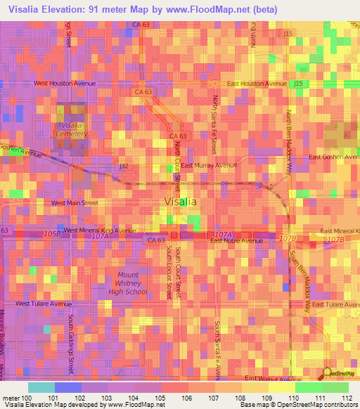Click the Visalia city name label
pyautogui.click(x=180, y=201)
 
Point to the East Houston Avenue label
pyautogui.click(x=257, y=83)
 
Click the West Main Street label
pyautogui.click(x=75, y=202)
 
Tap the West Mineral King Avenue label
pyautogui.click(x=100, y=230)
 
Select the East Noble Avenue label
pyautogui.click(x=237, y=240)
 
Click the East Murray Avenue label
pyautogui.click(x=210, y=166)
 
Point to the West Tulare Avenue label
pyautogui.click(x=44, y=304)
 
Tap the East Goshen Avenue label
pyautogui.click(x=335, y=157)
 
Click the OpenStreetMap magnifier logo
pyautogui.click(x=327, y=375)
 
